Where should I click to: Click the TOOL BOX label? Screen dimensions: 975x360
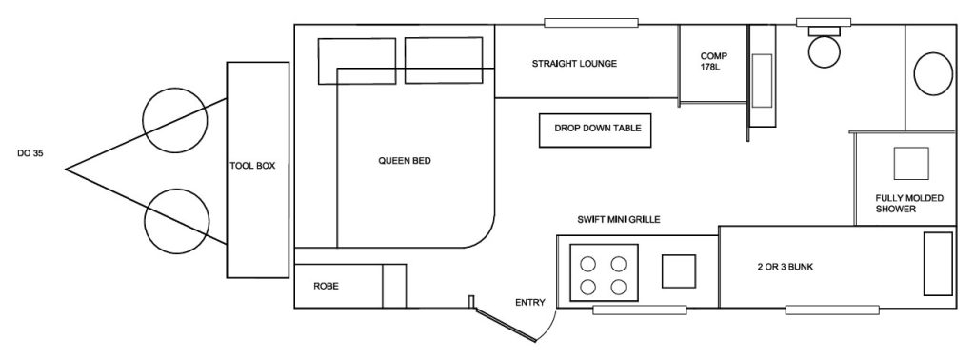tap(252, 166)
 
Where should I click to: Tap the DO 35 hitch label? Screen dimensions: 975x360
tap(30, 154)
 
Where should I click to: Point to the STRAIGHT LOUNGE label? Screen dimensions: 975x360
tap(574, 64)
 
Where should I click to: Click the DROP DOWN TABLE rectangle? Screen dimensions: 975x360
tap(595, 130)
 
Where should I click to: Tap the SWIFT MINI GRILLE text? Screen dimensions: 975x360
tap(619, 219)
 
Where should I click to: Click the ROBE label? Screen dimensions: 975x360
tap(326, 287)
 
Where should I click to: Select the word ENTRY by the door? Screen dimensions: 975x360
tap(530, 303)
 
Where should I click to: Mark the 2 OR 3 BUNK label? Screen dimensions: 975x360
tap(786, 267)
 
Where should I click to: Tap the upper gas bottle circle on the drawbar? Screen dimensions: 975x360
tap(175, 121)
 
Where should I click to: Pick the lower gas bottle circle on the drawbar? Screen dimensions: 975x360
tap(176, 221)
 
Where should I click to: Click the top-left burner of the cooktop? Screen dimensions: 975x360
tap(587, 264)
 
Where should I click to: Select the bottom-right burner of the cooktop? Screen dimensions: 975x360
tap(618, 288)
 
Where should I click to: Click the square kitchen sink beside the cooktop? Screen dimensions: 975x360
tap(678, 271)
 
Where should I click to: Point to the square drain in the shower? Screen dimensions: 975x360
tap(911, 164)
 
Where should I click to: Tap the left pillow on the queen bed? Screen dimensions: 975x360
tap(357, 61)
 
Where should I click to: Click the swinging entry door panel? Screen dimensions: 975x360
tap(505, 323)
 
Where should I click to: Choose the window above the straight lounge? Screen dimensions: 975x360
tap(591, 23)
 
